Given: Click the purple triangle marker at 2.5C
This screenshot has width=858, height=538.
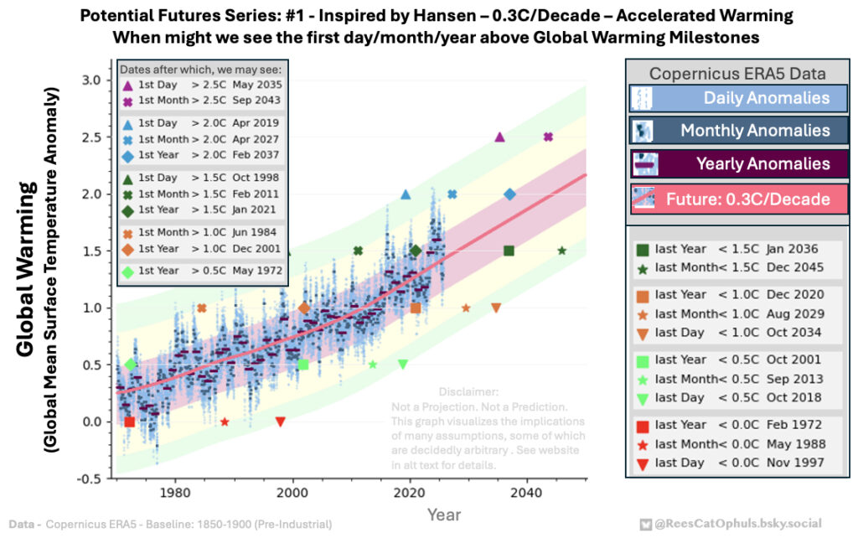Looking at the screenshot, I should tap(499, 137).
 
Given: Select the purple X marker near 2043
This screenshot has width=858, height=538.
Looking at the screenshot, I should tap(548, 137).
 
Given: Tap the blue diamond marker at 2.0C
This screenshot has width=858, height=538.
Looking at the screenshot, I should tap(509, 194).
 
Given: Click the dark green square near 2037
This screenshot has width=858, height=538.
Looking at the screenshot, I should tap(509, 251).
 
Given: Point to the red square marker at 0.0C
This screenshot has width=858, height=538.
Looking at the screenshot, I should tap(130, 422).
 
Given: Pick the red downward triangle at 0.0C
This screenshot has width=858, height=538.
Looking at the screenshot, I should tap(280, 422).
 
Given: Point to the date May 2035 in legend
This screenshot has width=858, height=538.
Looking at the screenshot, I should tap(259, 85).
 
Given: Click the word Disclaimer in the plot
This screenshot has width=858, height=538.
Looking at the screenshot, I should tap(468, 392).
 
